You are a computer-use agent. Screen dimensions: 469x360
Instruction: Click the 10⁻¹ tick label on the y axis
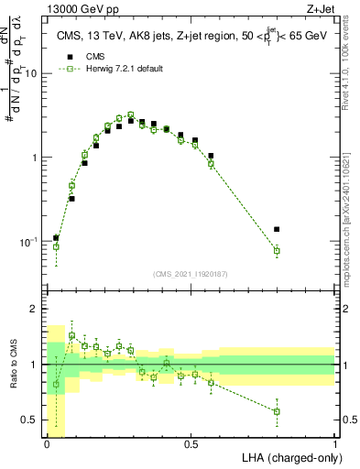pos(27,242)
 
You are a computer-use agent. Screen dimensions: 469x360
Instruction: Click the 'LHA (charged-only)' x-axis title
pos(290,456)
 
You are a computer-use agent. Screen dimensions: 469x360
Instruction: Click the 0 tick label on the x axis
pos(47,443)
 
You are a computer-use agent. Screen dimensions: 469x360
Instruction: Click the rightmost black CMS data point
pos(277,229)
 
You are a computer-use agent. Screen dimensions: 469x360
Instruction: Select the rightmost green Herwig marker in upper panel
pos(277,251)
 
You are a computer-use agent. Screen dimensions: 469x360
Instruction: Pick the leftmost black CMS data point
pos(56,238)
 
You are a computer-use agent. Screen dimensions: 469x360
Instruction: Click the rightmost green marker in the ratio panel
pos(277,411)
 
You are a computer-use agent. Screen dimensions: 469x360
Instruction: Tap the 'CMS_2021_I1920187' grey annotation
pos(191,273)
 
